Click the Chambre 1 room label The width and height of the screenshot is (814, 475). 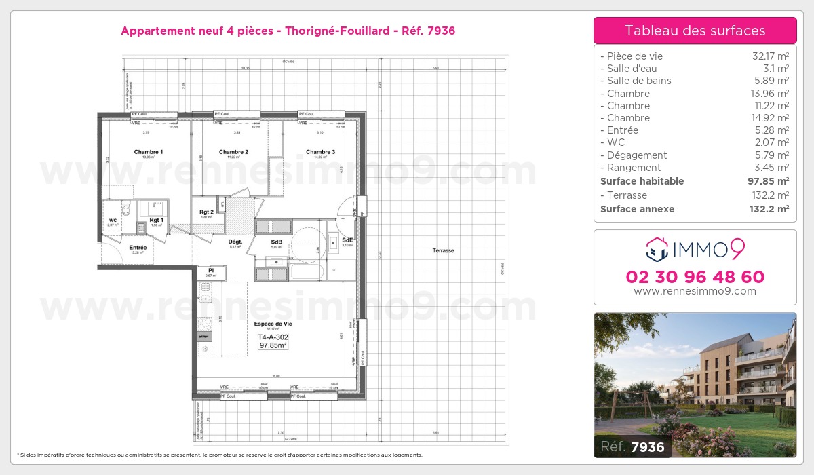click(148, 152)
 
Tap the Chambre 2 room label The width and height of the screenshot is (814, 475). click(233, 152)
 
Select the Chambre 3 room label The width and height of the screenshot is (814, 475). click(320, 152)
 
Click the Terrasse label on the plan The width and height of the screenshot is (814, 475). click(443, 251)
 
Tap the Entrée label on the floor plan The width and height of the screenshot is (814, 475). click(138, 248)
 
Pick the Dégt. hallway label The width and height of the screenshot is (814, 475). click(235, 242)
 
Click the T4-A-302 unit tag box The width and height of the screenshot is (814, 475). click(272, 341)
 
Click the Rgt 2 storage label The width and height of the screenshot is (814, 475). click(207, 212)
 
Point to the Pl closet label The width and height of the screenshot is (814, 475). click(211, 270)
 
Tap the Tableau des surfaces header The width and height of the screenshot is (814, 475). click(695, 31)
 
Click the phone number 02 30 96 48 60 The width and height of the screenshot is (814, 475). click(695, 277)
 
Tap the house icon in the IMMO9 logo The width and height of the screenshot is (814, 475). click(657, 250)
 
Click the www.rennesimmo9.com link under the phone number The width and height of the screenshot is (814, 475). click(695, 291)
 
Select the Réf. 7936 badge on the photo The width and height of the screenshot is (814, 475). click(633, 446)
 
